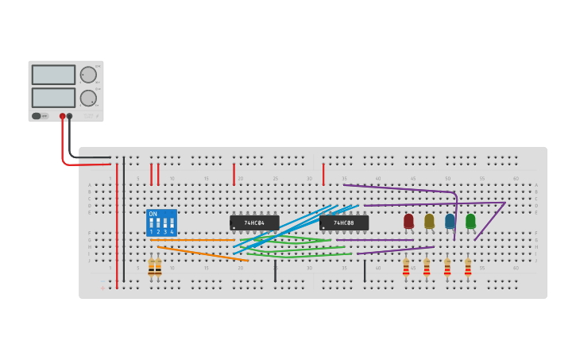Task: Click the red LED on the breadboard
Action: [408, 221]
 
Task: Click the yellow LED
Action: [429, 221]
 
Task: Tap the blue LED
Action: [450, 221]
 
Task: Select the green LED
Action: [470, 221]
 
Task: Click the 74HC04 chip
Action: [254, 223]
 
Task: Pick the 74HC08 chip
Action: [344, 223]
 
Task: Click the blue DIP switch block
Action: [161, 223]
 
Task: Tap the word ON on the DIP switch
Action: [153, 214]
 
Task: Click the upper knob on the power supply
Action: [87, 75]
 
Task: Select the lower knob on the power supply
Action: [87, 98]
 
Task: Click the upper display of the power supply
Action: [53, 75]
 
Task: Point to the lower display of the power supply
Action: [53, 98]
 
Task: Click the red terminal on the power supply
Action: [62, 116]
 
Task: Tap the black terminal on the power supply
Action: [69, 116]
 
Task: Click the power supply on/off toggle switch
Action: [37, 116]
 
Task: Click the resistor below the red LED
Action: [406, 268]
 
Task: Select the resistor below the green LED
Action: [468, 268]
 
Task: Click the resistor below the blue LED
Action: [447, 268]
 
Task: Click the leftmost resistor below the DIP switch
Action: [151, 268]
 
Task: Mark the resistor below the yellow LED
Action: [427, 268]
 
